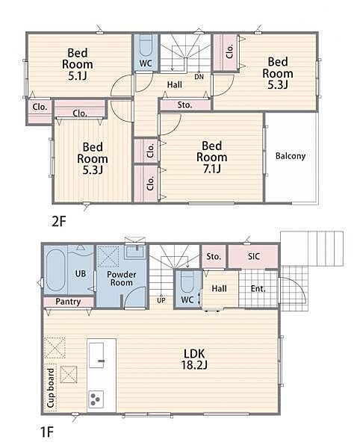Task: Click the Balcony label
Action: (291, 156)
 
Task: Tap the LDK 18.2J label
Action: (194, 359)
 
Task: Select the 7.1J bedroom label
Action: (211, 157)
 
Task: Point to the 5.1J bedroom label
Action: (78, 64)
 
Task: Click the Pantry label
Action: (68, 302)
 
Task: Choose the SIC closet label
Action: (254, 256)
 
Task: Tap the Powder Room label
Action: (122, 279)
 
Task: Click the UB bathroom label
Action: (81, 274)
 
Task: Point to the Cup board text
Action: (51, 388)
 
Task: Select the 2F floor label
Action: (59, 222)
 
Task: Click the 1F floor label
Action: (47, 432)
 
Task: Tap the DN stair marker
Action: (199, 77)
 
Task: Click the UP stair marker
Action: (161, 300)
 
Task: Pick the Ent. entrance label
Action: (258, 288)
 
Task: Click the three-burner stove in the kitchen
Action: (96, 399)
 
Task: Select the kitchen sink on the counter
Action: (96, 355)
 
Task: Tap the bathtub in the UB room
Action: (55, 270)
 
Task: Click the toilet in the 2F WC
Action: (146, 46)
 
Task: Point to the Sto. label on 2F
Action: (184, 105)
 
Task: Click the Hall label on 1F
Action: (219, 288)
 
